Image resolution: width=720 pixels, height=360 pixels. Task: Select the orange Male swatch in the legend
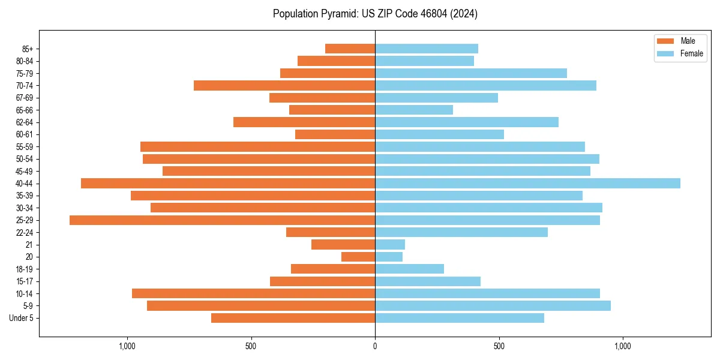pyautogui.click(x=665, y=41)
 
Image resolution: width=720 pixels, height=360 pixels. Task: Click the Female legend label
pyautogui.click(x=691, y=53)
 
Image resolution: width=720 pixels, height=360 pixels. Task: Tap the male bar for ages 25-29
pyautogui.click(x=222, y=220)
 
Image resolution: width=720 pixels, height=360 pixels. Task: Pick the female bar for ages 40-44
pyautogui.click(x=527, y=184)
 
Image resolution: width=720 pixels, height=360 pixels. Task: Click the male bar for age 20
pyautogui.click(x=358, y=257)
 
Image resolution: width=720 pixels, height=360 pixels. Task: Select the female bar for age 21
pyautogui.click(x=390, y=245)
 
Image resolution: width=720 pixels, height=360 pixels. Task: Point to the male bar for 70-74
pyautogui.click(x=284, y=86)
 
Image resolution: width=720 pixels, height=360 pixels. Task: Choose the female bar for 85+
pyautogui.click(x=427, y=49)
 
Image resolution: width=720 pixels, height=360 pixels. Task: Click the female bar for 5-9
pyautogui.click(x=493, y=306)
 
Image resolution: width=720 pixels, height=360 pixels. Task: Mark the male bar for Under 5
pyautogui.click(x=293, y=318)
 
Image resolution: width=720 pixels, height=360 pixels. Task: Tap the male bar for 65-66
pyautogui.click(x=332, y=110)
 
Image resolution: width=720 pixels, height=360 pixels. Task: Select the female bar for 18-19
pyautogui.click(x=409, y=269)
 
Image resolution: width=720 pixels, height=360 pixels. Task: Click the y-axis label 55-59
pyautogui.click(x=25, y=147)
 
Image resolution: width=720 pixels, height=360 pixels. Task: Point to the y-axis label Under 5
pyautogui.click(x=21, y=318)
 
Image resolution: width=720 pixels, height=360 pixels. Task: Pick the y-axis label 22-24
pyautogui.click(x=25, y=233)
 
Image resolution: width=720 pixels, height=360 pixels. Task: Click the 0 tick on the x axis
pyautogui.click(x=375, y=346)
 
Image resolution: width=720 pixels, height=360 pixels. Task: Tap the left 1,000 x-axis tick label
pyautogui.click(x=127, y=346)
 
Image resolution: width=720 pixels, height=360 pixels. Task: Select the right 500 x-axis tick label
pyautogui.click(x=499, y=346)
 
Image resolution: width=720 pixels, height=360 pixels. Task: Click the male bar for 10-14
pyautogui.click(x=253, y=294)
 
